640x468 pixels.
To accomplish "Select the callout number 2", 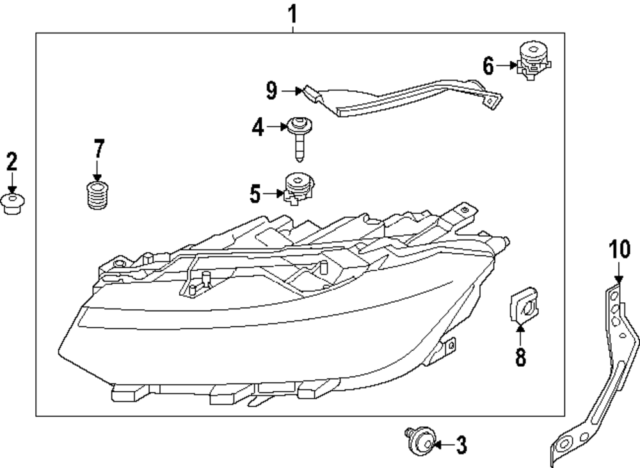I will coord(12,161).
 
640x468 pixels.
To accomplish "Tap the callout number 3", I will coord(461,444).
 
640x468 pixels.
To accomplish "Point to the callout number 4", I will coord(258,127).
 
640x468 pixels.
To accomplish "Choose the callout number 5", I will coord(255,193).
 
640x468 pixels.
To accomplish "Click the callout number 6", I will coord(488,65).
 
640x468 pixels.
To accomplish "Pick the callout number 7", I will coord(98,149).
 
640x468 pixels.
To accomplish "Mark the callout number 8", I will coord(520,357).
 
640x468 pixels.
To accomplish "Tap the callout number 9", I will coord(272,92).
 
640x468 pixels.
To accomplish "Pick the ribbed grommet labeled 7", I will coord(96,194).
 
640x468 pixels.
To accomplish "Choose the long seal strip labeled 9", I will coord(397,96).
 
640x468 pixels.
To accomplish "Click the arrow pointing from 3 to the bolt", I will coord(443,443).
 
